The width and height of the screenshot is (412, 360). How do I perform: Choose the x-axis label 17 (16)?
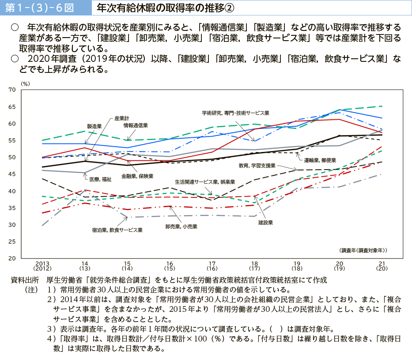click(212, 265)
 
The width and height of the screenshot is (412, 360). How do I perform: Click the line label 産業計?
click(122, 118)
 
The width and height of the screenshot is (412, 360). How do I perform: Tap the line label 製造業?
click(94, 126)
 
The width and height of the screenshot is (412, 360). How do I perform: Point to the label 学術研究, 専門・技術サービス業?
click(236, 113)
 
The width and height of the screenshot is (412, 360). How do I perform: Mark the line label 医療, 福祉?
click(100, 179)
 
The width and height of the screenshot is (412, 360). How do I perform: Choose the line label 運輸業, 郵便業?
click(320, 160)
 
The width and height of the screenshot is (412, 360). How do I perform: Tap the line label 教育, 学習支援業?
click(257, 166)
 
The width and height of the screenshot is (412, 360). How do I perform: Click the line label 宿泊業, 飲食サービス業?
click(117, 230)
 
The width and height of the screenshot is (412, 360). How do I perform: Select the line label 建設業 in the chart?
click(266, 222)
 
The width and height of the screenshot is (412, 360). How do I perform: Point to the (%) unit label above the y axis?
click(25, 83)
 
